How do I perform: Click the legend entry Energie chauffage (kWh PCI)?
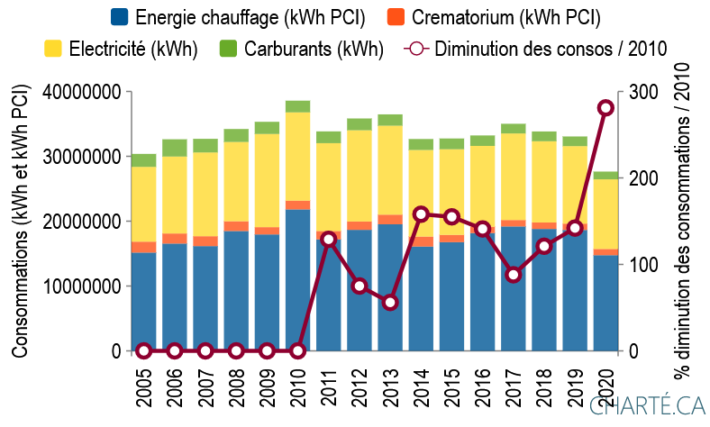[236, 17]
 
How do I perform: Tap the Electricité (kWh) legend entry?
[120, 49]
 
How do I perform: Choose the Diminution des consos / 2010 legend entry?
[538, 49]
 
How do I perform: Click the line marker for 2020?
[605, 108]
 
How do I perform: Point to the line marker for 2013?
[389, 303]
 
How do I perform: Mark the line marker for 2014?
[421, 213]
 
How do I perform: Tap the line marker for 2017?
[513, 275]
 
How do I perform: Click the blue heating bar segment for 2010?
[297, 279]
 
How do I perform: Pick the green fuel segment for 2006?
[174, 148]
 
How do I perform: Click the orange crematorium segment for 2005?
[143, 247]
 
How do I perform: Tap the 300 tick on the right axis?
[642, 92]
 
